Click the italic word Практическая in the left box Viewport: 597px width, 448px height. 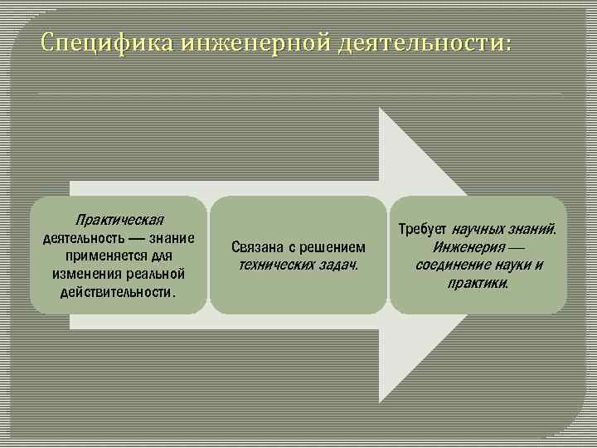[119, 220]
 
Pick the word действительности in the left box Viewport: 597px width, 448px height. [116, 292]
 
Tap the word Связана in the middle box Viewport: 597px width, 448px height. [256, 247]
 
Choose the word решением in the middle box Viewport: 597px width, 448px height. [336, 247]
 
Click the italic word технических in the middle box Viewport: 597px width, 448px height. [273, 265]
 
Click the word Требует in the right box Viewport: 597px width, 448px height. [423, 228]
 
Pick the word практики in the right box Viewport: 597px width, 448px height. [478, 283]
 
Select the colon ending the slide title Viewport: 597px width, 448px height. [507, 43]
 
